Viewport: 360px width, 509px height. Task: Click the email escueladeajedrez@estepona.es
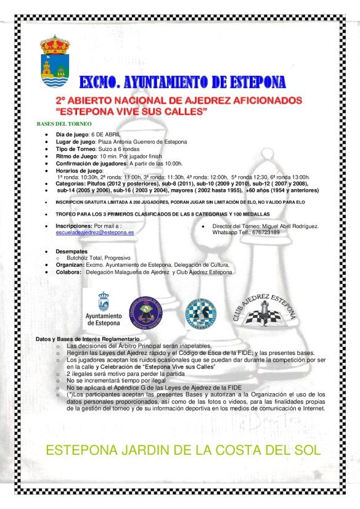(95, 233)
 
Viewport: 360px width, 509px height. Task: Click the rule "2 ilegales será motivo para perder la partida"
(126, 373)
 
